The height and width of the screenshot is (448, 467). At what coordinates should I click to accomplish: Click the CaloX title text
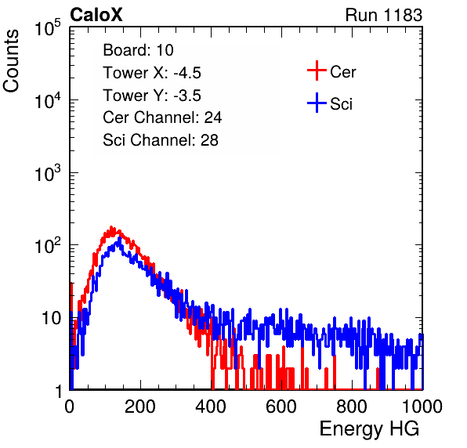96,15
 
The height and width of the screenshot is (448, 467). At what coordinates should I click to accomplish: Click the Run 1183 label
384,15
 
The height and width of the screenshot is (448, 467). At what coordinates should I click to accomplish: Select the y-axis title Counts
11,61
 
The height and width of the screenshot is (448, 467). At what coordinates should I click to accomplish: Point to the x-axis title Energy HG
369,429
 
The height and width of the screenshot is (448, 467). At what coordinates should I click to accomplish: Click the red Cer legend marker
317,70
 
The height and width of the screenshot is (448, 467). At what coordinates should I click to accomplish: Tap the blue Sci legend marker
317,103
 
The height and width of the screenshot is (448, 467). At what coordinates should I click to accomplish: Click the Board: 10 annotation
138,50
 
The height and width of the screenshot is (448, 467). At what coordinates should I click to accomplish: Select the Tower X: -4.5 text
152,73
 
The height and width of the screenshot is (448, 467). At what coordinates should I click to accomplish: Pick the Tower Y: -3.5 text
152,96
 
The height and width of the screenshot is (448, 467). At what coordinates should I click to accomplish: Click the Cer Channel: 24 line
162,117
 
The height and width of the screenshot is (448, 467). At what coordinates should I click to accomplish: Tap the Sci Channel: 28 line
161,140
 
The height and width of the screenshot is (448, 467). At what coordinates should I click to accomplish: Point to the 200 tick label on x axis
140,406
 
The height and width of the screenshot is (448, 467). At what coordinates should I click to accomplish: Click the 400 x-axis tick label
211,406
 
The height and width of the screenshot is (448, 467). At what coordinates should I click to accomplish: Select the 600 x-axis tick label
281,406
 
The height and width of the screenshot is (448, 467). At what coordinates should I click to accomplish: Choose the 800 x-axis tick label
352,406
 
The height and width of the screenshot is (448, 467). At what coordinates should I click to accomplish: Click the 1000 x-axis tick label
422,406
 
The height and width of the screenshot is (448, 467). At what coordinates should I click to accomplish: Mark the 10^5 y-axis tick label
47,27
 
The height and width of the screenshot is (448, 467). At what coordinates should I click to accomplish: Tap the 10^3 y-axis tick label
47,172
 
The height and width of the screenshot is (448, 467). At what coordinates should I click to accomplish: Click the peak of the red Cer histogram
111,227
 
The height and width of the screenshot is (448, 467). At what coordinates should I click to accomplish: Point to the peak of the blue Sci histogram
120,238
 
